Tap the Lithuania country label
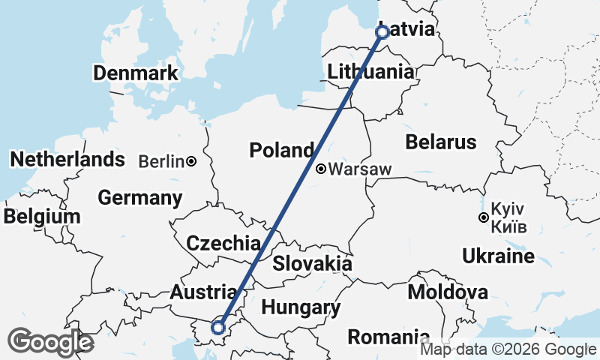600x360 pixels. [370, 72]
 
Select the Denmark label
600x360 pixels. [136, 73]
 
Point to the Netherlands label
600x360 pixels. [67, 159]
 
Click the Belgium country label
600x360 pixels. [41, 217]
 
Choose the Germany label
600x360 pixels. [140, 198]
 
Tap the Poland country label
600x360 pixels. [281, 150]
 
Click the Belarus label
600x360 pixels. [440, 142]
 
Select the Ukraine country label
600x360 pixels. [498, 256]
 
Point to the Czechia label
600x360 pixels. [223, 243]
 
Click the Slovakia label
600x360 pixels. [312, 263]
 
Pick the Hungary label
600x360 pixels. [301, 307]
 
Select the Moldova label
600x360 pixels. [448, 292]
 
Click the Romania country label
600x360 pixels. [388, 337]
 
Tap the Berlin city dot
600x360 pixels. [192, 161]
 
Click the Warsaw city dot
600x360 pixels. [321, 169]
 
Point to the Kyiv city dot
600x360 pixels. [484, 218]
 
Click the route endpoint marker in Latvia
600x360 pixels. [382, 32]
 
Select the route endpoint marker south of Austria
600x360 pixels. [218, 327]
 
